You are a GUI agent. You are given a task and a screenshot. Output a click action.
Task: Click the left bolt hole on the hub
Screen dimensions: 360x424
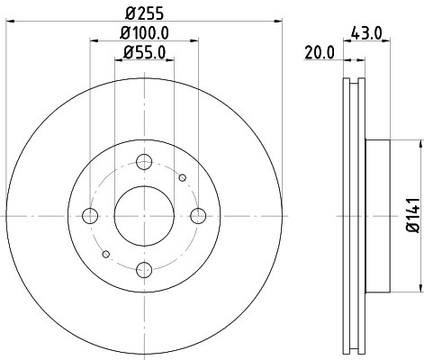[x=90, y=215]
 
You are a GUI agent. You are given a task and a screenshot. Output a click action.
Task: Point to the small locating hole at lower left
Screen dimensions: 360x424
[x=105, y=253]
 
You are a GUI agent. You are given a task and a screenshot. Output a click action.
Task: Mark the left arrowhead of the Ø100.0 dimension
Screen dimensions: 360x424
[x=95, y=41]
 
